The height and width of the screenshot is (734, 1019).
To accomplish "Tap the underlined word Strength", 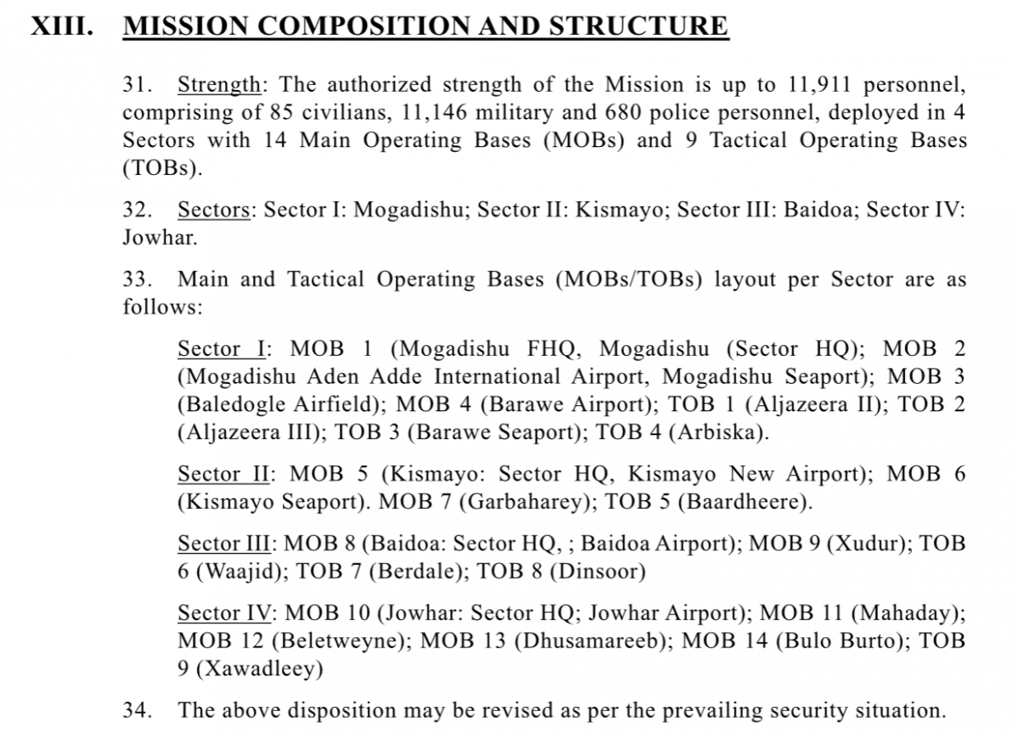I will pos(219,85).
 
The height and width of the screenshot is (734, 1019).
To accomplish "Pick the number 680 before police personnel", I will pos(594,113).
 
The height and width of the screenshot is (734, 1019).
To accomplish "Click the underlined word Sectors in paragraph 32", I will pos(213,210).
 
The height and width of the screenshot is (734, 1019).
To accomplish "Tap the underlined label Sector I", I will pos(222,349).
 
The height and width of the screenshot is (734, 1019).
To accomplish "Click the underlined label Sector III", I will pos(223,544).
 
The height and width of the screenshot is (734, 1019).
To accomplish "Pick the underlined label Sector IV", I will pos(225,613).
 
